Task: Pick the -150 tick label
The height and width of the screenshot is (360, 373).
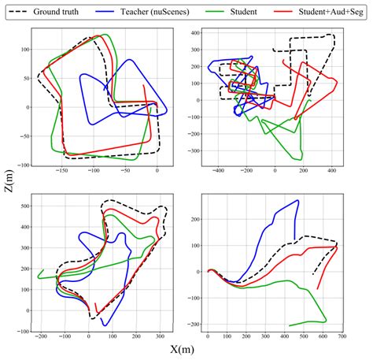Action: (x=61, y=173)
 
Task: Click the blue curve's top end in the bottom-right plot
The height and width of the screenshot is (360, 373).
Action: (x=298, y=201)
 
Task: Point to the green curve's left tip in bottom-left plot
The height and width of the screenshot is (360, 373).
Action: (x=38, y=276)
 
